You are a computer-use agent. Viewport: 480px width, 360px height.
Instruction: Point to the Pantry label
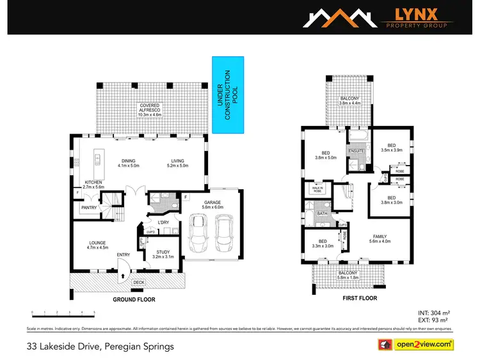pos(88,208)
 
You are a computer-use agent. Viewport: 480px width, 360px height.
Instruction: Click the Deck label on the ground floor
pos(138,281)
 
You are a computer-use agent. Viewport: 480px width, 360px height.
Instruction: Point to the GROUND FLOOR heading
pos(134,299)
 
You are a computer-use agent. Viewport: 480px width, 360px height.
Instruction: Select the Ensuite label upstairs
pos(355,150)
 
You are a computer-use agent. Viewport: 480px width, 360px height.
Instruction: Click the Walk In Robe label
pos(317,189)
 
